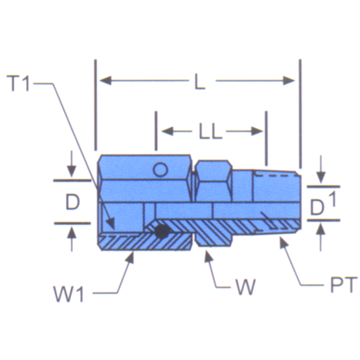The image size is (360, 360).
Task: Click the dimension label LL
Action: tap(210, 132)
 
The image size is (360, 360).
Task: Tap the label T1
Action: tap(21, 84)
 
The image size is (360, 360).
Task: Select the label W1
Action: tap(69, 295)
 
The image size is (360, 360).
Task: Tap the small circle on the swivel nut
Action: tap(161, 169)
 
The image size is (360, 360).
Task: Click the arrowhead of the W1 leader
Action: tap(131, 256)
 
